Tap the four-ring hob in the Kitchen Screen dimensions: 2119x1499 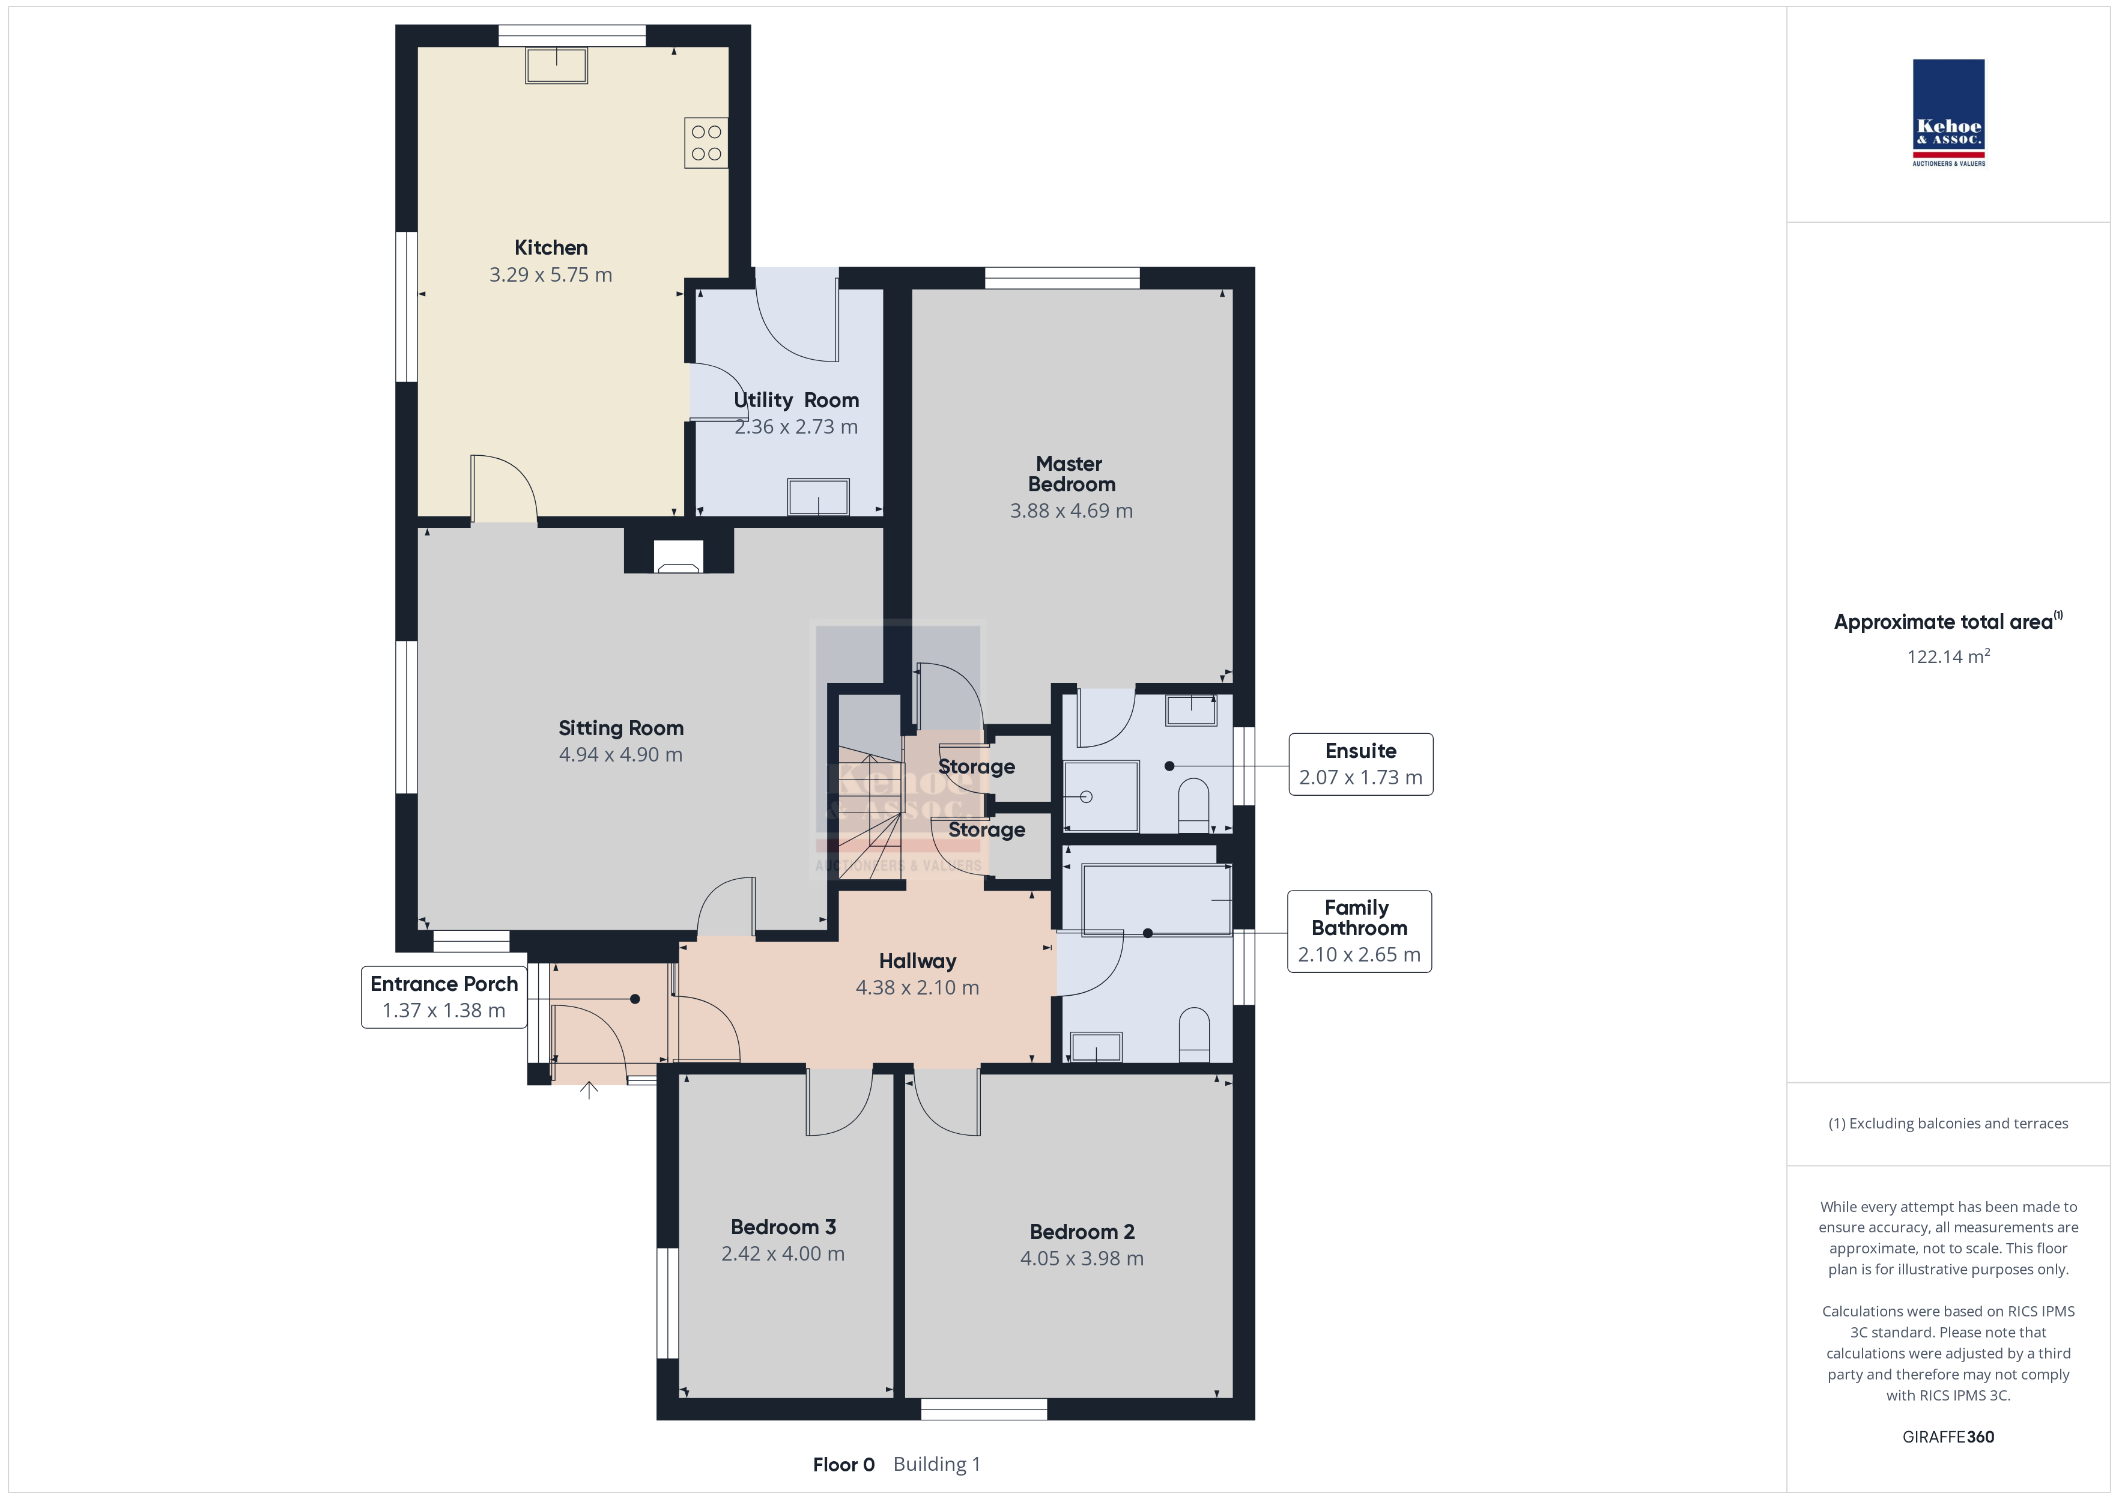[706, 143]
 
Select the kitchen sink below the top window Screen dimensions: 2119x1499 [557, 65]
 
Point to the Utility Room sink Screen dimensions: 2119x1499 [817, 497]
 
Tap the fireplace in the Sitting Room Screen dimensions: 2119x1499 [678, 557]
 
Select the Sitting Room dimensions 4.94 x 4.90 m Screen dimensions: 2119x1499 [621, 755]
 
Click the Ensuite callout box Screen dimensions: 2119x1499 [1360, 765]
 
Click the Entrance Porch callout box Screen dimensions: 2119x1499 [444, 997]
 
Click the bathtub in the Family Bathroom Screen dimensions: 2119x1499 [1156, 900]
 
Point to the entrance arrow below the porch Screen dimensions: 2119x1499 [589, 1090]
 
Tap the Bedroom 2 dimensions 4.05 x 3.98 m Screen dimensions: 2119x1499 [1082, 1259]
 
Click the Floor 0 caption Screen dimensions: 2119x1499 [843, 1465]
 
